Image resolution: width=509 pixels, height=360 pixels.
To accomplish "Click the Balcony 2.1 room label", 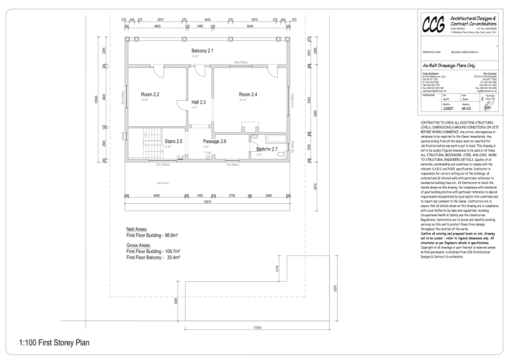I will point(202,51).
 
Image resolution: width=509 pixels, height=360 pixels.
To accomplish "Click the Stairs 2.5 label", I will point(173,141).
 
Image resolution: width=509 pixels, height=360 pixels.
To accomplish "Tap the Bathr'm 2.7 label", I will point(267,149).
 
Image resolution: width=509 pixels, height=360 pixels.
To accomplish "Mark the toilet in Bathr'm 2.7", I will point(254,137).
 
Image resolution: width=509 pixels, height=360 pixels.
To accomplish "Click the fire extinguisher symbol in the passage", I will point(208,157).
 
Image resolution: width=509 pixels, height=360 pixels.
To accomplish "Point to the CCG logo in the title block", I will point(434,25).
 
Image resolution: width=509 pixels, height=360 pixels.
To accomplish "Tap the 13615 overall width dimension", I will point(207,201).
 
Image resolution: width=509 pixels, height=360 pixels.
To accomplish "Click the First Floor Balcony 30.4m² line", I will point(153,258).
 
